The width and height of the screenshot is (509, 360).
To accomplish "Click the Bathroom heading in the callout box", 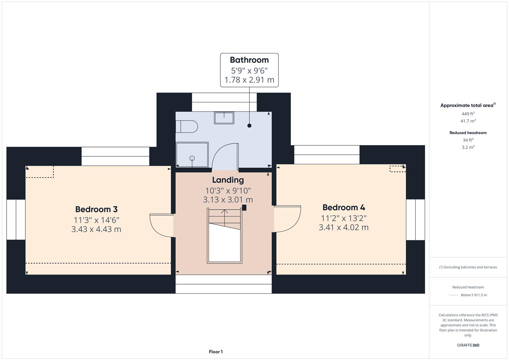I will [249, 60].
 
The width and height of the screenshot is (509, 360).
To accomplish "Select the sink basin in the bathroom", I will [224, 118].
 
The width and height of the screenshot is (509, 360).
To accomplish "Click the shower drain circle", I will [192, 158].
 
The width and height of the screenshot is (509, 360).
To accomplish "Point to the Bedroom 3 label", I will [96, 209].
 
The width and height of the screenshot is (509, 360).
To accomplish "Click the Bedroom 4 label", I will [344, 207].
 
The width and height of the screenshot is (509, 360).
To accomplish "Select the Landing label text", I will [228, 180].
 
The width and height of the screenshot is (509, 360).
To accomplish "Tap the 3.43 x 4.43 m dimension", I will [96, 229].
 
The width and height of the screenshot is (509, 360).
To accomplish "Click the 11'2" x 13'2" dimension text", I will [344, 218].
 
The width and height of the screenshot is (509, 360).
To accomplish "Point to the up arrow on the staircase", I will [225, 213].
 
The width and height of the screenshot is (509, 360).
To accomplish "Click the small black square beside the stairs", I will [244, 208].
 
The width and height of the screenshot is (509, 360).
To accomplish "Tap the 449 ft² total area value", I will [468, 114].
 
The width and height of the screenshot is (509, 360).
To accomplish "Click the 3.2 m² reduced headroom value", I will [468, 147].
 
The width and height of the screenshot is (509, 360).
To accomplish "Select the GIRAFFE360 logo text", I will [468, 345].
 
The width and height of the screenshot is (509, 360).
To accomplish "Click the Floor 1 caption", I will [216, 352].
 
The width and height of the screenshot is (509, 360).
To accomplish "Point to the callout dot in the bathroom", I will [249, 126].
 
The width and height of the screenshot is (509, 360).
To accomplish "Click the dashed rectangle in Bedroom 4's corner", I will [397, 169].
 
